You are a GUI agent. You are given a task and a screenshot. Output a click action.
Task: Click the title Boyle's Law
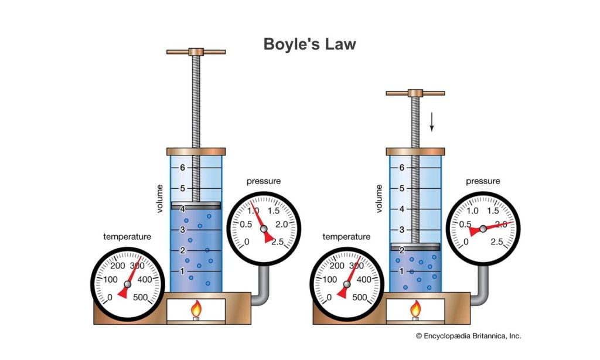(309, 45)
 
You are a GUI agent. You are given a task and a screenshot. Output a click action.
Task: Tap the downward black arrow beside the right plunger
(432, 121)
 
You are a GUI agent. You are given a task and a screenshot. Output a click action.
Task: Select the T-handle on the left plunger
(196, 52)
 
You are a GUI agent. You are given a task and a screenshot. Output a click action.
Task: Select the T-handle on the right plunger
(415, 93)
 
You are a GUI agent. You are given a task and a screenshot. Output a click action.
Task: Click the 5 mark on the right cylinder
(401, 188)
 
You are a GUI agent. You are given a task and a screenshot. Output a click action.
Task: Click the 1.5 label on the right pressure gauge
(493, 210)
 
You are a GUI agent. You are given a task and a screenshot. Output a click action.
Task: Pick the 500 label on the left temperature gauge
(141, 297)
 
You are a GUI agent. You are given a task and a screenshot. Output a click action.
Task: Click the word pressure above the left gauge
(263, 181)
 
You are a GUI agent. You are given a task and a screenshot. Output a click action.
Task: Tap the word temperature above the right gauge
(346, 237)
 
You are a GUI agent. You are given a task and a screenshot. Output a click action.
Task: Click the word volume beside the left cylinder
(159, 199)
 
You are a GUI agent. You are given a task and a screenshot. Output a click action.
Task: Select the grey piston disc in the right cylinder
(415, 246)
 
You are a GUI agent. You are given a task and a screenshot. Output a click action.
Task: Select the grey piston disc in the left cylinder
(196, 205)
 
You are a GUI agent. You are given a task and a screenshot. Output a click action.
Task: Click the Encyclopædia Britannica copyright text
(468, 336)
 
